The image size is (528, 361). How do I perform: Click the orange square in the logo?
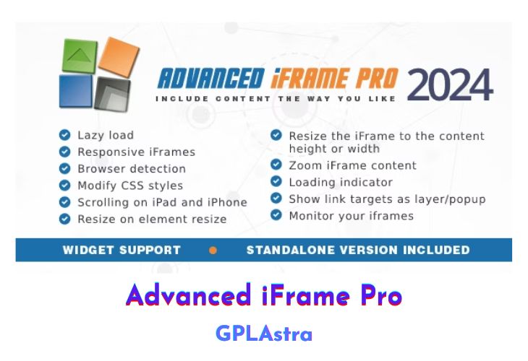[x=118, y=58]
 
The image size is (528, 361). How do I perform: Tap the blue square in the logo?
[x=76, y=92]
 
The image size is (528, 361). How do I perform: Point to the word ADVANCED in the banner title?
[x=210, y=78]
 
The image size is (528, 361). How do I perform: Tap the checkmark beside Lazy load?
[x=65, y=135]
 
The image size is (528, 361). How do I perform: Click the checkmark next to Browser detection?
[x=65, y=168]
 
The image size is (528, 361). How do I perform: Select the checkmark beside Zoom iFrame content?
[x=276, y=165]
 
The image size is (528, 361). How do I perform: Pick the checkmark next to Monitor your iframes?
[x=276, y=215]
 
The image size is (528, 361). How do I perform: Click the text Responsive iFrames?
[x=136, y=152]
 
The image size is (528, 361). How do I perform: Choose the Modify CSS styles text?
[x=130, y=186]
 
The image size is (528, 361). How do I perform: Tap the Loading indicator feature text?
[x=341, y=182]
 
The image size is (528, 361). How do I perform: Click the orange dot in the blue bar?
[x=213, y=251]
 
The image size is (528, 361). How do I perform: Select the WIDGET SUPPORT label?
[x=122, y=251]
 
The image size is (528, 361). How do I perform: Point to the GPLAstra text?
[x=264, y=334]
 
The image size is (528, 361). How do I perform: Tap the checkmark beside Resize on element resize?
[x=65, y=219]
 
